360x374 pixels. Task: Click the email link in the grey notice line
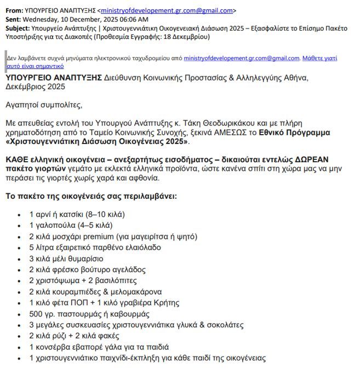(242, 58)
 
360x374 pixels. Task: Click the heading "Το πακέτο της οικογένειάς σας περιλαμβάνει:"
(92, 195)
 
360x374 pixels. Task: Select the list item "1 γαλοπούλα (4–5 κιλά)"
(71, 225)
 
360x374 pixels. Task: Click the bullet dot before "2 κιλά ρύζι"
(21, 336)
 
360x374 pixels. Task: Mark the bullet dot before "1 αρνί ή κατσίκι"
(21, 214)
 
